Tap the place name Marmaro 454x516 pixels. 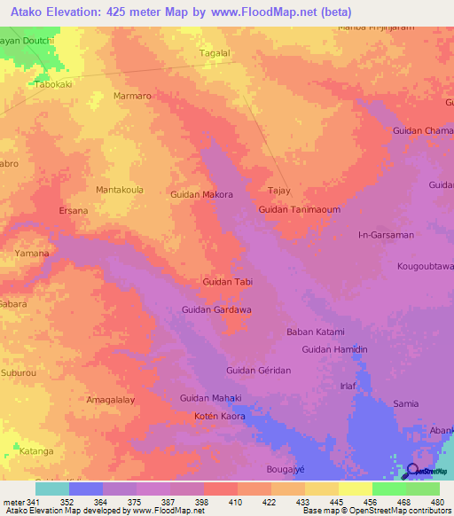click(134, 96)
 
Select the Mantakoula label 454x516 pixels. click(120, 190)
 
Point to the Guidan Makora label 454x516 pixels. click(201, 194)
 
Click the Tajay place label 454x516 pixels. click(279, 191)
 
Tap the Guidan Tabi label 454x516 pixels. click(228, 282)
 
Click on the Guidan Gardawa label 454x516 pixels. click(216, 309)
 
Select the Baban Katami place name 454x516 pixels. click(315, 332)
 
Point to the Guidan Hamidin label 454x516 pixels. click(334, 350)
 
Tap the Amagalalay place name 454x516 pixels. click(111, 400)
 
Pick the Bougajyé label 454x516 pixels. click(286, 468)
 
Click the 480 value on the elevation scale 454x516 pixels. click(434, 501)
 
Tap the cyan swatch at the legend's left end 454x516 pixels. click(51, 488)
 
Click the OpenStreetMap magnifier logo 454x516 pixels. click(412, 472)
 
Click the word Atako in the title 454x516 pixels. click(33, 12)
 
